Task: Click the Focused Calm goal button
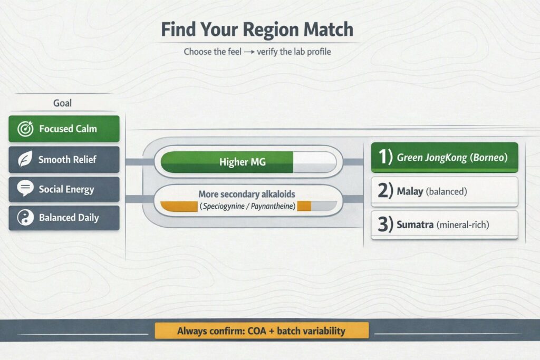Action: [x=64, y=129]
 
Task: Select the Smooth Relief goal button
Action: [x=64, y=159]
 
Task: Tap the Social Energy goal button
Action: [x=64, y=189]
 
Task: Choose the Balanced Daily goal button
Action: [x=64, y=218]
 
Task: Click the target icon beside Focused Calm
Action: [x=25, y=129]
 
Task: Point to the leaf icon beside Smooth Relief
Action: [x=25, y=159]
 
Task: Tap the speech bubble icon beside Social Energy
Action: [x=25, y=188]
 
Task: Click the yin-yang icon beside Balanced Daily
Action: [x=25, y=218]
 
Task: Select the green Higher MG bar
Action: [x=227, y=162]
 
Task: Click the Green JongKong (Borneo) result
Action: [x=445, y=157]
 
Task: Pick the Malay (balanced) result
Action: [x=445, y=191]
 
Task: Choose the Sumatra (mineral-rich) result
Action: [x=445, y=225]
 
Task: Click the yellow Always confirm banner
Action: [x=262, y=330]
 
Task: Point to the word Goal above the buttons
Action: [x=62, y=103]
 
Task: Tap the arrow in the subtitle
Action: [x=249, y=52]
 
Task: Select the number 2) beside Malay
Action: [x=385, y=191]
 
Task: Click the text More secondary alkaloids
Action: [x=247, y=194]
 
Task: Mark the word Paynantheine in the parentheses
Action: [x=272, y=206]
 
